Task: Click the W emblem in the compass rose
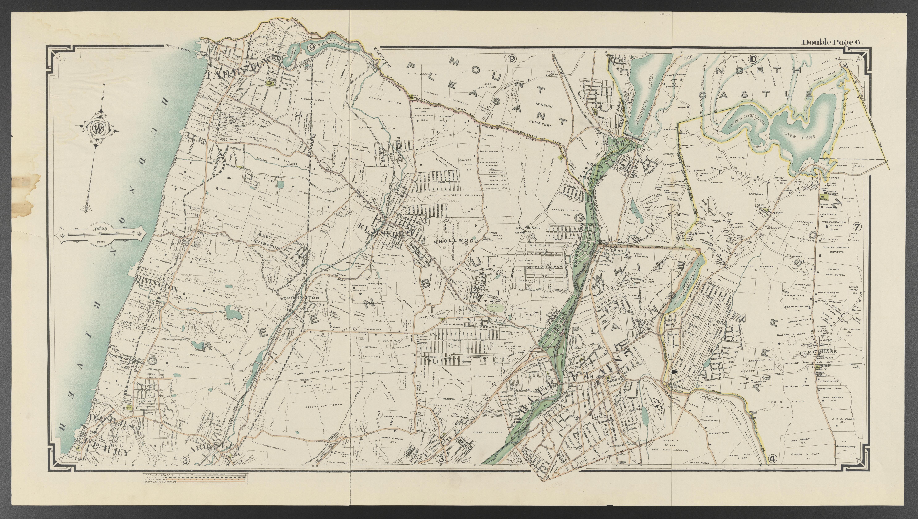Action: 96,129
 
